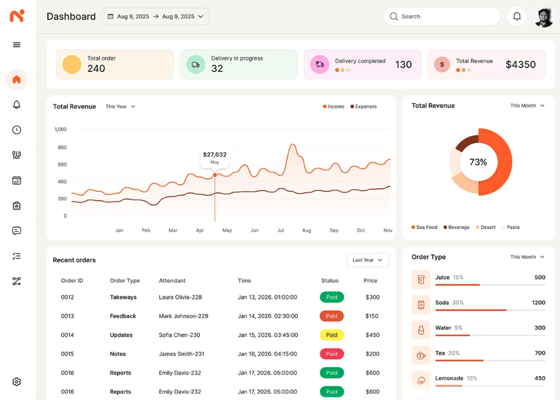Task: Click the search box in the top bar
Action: (441, 16)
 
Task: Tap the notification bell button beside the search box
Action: (517, 16)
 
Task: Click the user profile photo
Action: (544, 17)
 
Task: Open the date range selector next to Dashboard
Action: (155, 16)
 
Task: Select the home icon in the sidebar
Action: (16, 79)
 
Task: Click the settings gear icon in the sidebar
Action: (16, 382)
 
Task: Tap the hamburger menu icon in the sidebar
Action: (16, 45)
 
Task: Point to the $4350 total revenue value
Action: (520, 65)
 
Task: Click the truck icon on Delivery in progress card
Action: (196, 64)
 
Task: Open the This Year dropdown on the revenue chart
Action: (120, 107)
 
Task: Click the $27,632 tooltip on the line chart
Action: (215, 157)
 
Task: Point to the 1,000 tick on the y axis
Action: (61, 130)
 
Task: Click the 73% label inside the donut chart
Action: (478, 162)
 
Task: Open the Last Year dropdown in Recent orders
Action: (368, 260)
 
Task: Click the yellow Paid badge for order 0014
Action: (331, 335)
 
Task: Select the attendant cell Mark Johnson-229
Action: (184, 316)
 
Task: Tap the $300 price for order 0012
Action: (372, 297)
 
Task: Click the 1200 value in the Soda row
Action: (538, 302)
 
